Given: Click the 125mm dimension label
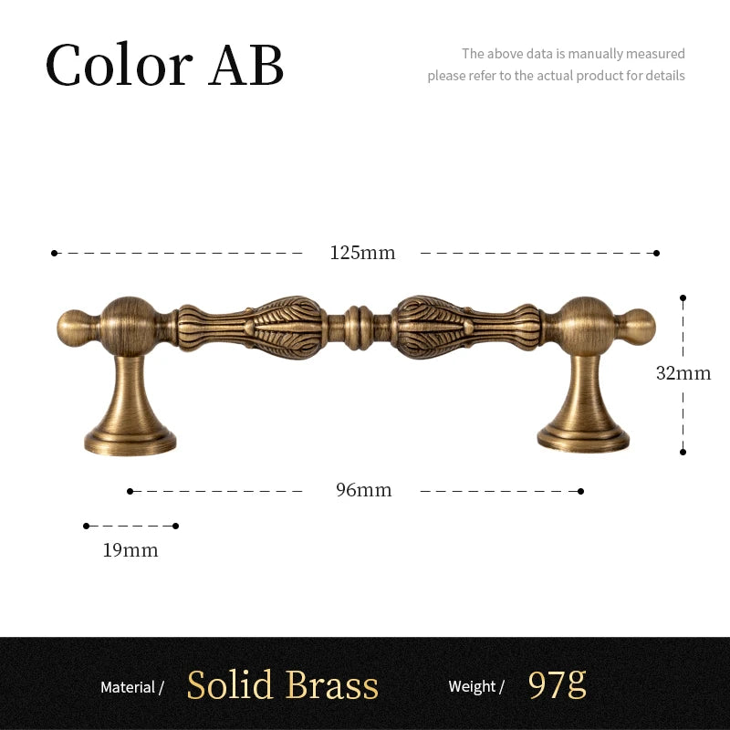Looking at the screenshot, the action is [x=362, y=253].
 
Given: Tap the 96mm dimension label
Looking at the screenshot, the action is [x=363, y=490].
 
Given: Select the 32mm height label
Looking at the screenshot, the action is [x=683, y=373].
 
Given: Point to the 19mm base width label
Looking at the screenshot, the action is [x=130, y=550].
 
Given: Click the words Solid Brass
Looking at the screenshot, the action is [x=283, y=685].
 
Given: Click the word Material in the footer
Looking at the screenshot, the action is [x=128, y=687].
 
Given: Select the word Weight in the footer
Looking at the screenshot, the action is [x=472, y=686].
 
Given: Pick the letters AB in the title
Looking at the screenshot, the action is [x=245, y=65].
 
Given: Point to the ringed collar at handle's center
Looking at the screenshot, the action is [x=359, y=328].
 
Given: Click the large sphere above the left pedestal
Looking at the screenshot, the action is [x=129, y=327].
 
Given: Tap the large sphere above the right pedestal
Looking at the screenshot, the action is [x=585, y=327].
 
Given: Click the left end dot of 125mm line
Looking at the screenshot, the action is [x=55, y=254].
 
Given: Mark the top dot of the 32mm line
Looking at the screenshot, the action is [x=683, y=297].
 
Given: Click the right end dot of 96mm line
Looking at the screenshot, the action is [x=580, y=491].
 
